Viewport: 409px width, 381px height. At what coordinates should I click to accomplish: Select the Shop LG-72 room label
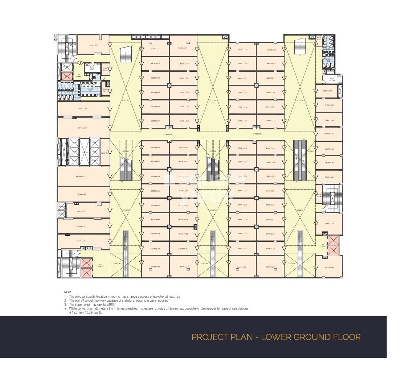pos(155,49)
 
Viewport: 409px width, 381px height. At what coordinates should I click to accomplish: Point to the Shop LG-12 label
pos(271,50)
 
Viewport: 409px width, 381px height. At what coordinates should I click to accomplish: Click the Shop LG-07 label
pos(329,120)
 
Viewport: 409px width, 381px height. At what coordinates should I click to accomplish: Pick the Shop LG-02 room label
pos(329,224)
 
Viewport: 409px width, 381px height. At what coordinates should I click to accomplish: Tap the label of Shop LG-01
pos(329,267)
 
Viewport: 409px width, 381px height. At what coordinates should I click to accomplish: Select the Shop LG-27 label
pos(271,267)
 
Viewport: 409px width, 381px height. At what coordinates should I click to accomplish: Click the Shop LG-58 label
pos(155,267)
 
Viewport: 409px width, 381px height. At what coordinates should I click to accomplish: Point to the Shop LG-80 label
pos(81,195)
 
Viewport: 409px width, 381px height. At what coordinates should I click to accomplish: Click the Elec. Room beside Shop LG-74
pos(92,68)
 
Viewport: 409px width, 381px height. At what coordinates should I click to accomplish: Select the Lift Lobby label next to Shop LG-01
pos(322,245)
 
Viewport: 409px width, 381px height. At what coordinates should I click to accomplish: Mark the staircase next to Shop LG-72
pos(125,54)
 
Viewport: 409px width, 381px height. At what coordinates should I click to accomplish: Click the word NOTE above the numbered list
pos(68,292)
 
